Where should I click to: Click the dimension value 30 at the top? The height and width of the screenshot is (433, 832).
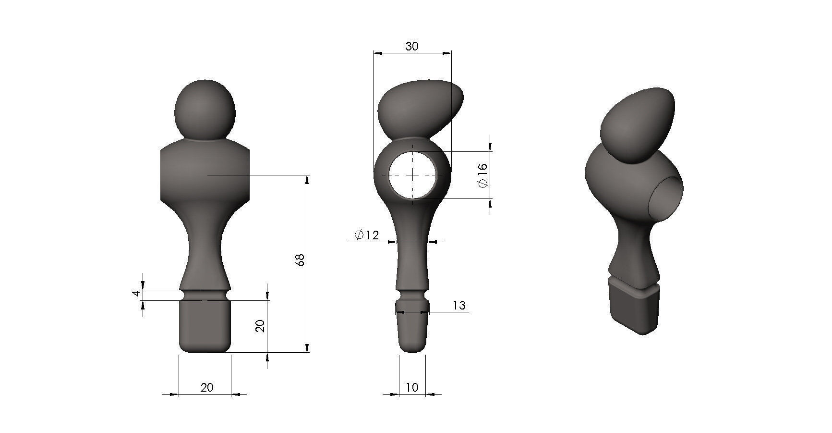412,46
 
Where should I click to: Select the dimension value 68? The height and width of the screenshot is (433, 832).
301,260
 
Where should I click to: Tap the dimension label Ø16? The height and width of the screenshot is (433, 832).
482,175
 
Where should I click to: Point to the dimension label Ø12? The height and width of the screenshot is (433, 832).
366,235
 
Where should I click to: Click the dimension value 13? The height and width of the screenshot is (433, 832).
459,305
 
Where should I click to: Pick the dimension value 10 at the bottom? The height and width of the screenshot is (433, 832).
412,387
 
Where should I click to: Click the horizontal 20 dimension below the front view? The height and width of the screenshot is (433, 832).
207,387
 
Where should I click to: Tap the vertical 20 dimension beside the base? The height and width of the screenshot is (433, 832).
260,326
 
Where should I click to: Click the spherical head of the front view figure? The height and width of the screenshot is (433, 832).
205,110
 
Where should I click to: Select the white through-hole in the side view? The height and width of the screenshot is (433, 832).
412,175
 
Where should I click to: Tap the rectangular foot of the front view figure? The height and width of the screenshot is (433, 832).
205,326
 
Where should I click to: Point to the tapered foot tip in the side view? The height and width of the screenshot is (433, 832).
412,332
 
